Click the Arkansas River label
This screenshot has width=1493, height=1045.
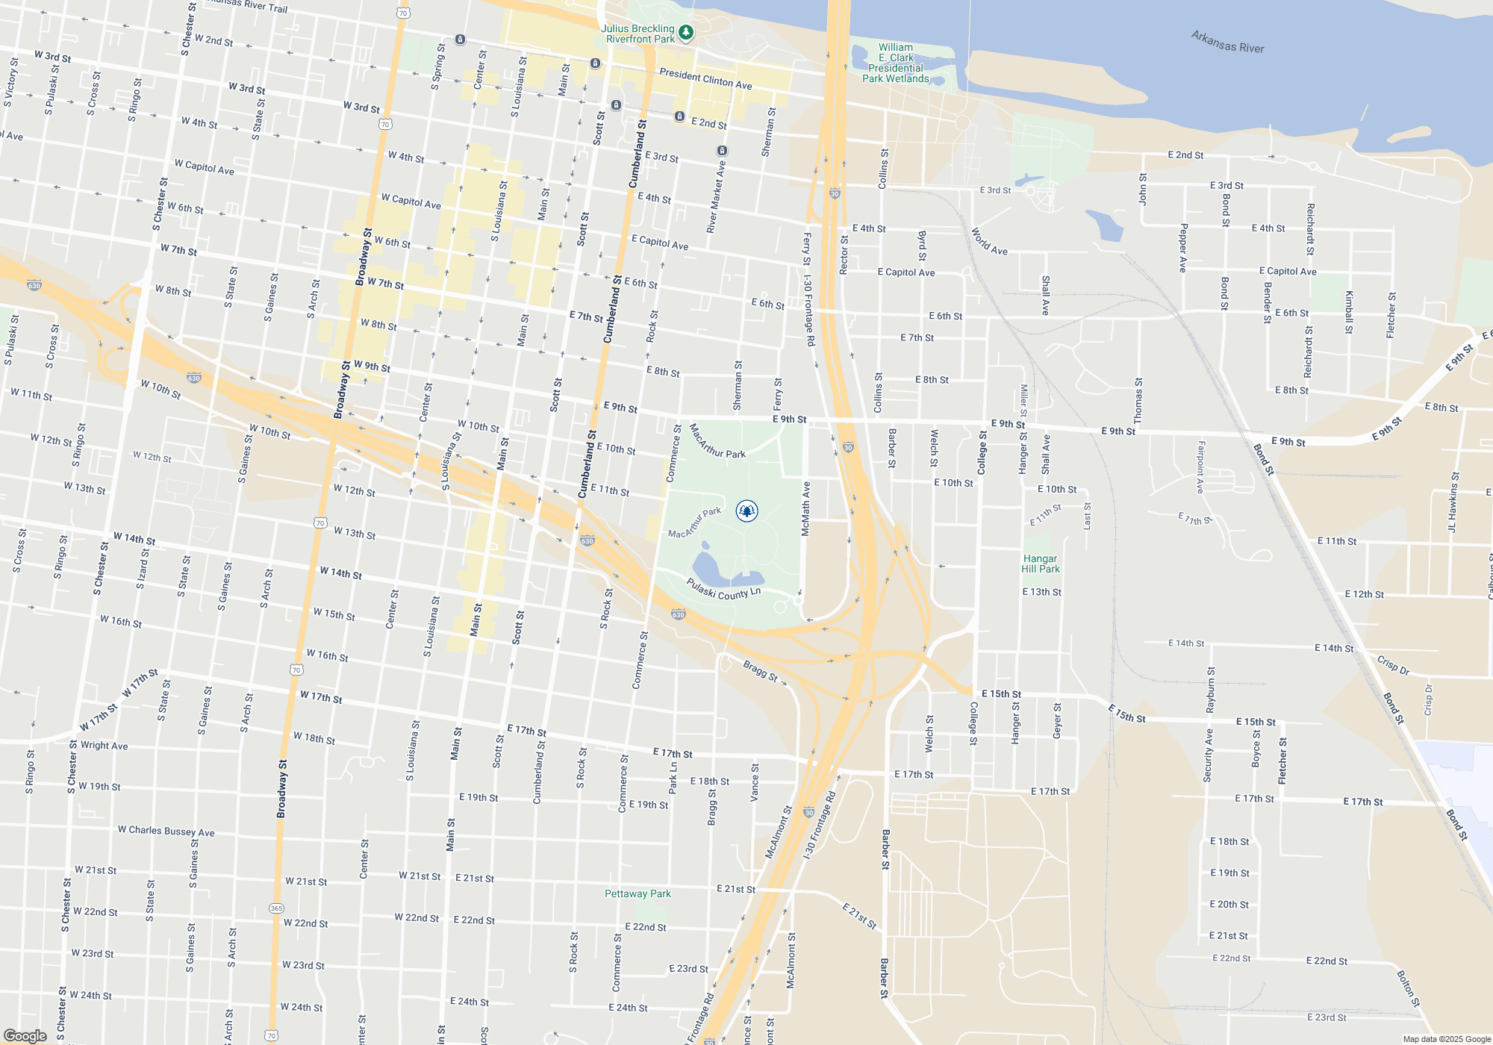point(1227,42)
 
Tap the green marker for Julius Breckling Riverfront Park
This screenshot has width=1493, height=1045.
point(686,33)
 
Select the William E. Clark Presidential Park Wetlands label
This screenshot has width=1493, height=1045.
point(896,63)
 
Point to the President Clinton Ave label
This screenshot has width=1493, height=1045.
point(705,79)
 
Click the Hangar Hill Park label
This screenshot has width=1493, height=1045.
point(1041,564)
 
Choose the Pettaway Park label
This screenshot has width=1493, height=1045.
point(638,893)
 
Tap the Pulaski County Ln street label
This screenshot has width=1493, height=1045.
point(723,589)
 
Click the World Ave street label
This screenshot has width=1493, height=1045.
point(989,242)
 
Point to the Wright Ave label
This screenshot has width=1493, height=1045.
point(104,745)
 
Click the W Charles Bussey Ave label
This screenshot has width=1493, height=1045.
point(166,831)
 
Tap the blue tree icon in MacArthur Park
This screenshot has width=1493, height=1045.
point(746,511)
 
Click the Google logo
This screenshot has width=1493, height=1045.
point(25,1035)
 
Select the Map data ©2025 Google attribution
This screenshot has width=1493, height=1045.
point(1446,1039)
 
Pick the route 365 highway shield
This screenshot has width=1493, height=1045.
point(276,908)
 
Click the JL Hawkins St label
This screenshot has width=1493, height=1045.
point(1453,502)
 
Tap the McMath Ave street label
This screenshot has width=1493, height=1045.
point(805,508)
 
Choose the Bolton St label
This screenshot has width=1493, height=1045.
point(1408,988)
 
